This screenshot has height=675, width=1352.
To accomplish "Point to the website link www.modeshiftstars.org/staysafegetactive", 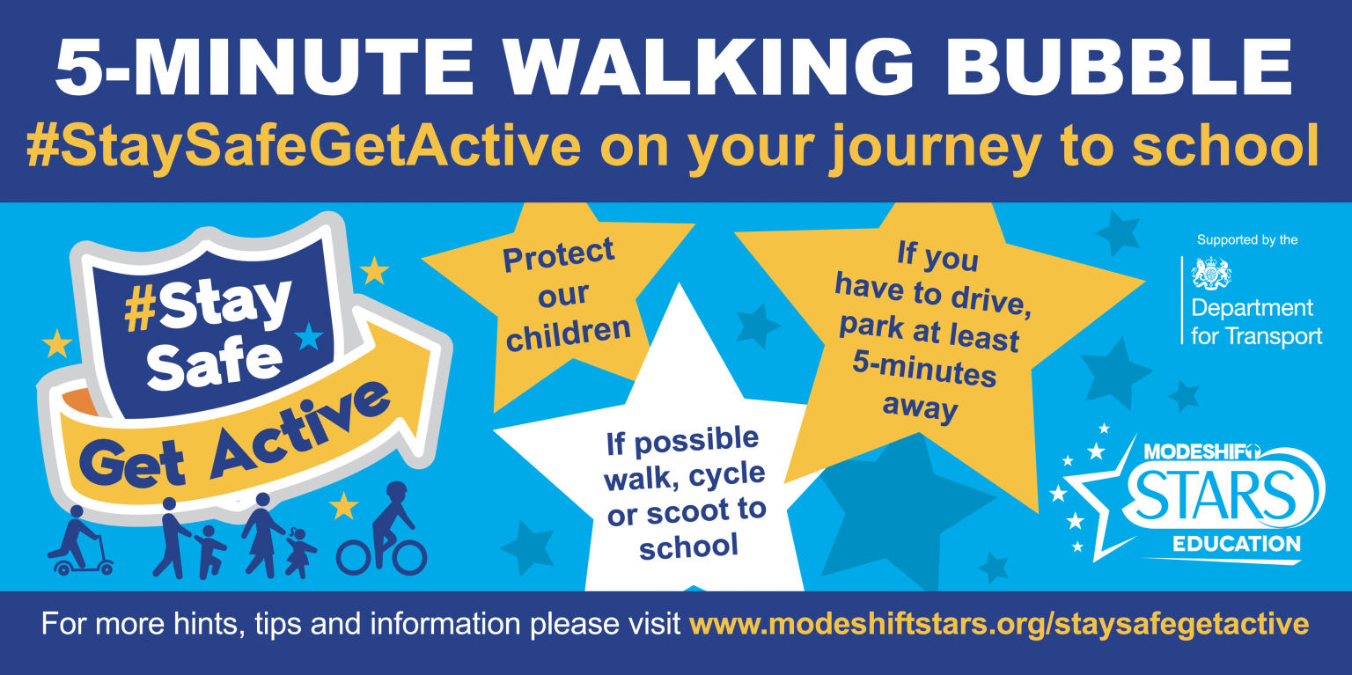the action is coord(999,624).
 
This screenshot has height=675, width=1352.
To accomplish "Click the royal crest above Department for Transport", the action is coord(1211,274).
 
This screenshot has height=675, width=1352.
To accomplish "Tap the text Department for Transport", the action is coord(1256,321).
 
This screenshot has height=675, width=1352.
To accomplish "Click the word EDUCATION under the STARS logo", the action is coord(1236,544).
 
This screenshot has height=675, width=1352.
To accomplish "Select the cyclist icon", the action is coord(382,528).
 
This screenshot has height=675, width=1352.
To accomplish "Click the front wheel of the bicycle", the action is coord(410,557).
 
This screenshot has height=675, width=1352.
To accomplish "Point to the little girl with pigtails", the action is coord(299,553).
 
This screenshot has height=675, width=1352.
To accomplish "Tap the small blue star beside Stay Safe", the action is coord(308,336).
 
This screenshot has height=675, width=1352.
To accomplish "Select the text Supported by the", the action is coord(1247,240).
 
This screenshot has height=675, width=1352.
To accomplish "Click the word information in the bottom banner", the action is coord(445,623).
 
